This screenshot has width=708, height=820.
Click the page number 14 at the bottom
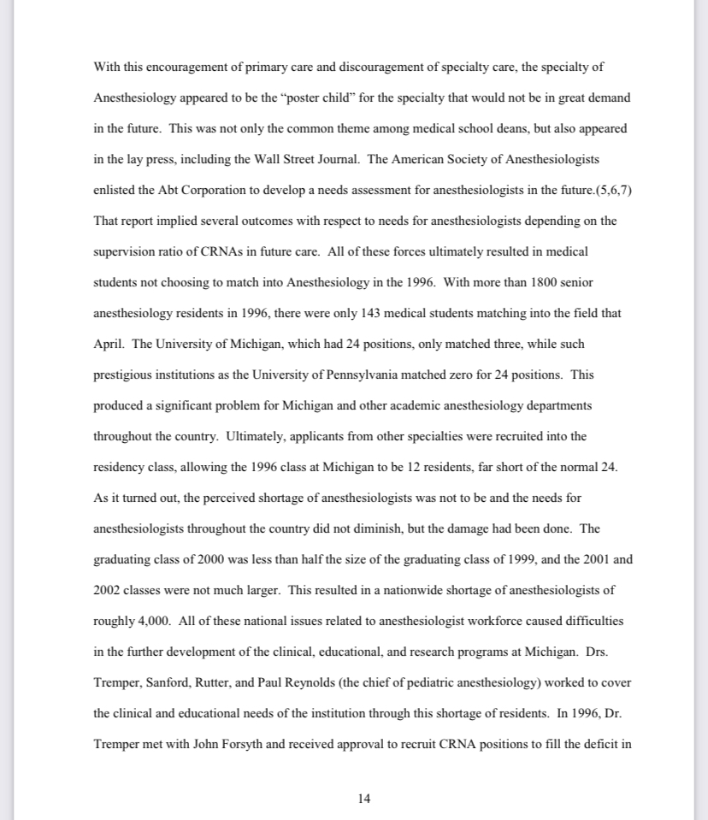(x=364, y=799)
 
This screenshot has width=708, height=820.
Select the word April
(x=109, y=344)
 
